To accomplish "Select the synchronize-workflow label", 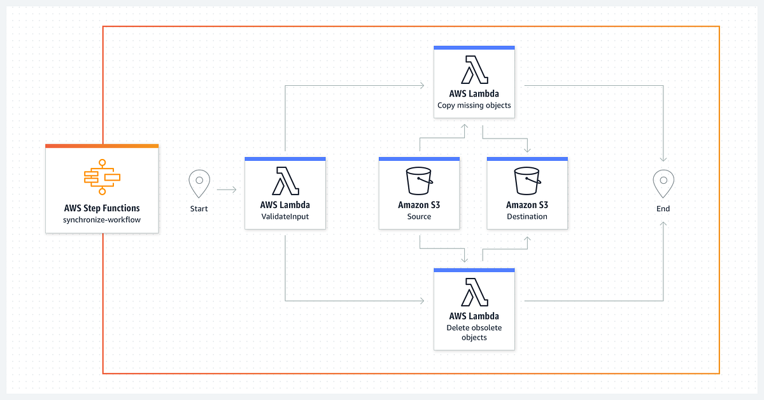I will [102, 219].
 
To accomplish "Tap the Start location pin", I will [199, 184].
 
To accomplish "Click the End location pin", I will [663, 184].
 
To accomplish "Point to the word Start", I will [199, 209].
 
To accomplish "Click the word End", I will [663, 209].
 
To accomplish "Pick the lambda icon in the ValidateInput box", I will [285, 181].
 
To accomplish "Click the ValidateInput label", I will [285, 216].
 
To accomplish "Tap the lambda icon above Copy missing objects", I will [474, 69].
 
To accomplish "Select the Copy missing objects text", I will [474, 105].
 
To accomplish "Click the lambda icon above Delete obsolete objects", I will [474, 292].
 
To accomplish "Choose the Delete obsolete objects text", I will [474, 332].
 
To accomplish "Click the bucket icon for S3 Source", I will [419, 181].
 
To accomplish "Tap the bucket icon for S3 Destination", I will [527, 181].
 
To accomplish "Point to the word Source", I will [419, 216].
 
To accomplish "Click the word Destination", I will [527, 216].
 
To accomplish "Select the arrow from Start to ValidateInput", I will [227, 190].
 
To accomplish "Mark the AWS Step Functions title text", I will [102, 208].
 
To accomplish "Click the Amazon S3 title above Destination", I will [527, 205].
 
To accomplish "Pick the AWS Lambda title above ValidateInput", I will [285, 205].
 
